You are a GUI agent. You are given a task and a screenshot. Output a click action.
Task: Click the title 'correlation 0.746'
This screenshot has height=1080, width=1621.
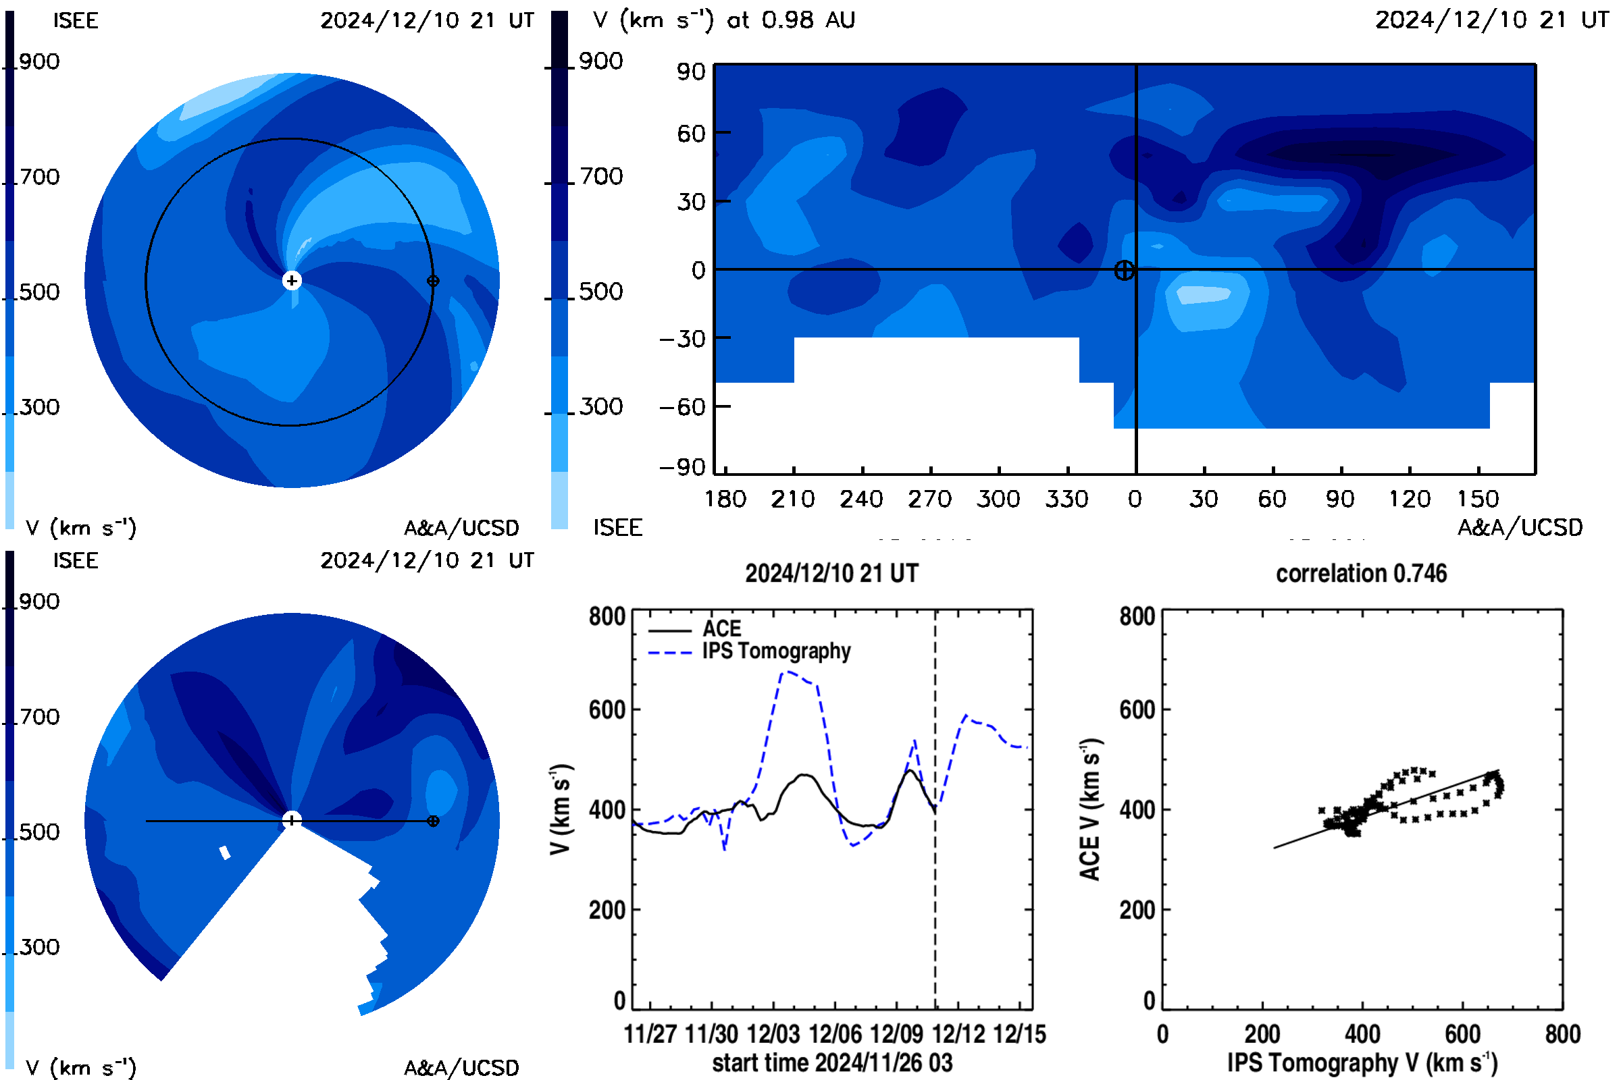tap(1361, 574)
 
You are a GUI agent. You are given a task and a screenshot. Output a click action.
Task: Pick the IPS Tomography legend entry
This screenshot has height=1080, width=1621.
tap(749, 651)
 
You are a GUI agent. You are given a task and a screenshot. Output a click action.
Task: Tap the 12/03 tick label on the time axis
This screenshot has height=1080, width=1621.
tap(773, 1035)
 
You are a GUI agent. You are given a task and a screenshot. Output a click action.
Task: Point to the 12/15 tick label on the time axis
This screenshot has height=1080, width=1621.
tap(1021, 1035)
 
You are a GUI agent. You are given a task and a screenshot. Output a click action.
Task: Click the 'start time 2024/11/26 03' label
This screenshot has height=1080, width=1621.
tap(833, 1062)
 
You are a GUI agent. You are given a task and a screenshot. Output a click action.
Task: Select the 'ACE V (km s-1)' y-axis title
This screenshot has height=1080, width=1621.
tap(1091, 809)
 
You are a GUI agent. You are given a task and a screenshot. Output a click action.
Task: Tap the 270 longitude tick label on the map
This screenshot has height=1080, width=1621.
tap(930, 499)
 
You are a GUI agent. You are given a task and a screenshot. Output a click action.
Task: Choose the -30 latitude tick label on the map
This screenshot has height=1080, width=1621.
tap(682, 339)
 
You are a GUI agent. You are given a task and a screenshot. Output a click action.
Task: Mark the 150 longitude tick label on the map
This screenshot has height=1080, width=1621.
tap(1478, 499)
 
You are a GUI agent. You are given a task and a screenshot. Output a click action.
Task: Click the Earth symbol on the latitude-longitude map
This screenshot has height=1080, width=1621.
tap(1124, 270)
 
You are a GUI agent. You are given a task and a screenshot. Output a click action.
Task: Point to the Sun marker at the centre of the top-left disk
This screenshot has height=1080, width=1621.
tap(292, 281)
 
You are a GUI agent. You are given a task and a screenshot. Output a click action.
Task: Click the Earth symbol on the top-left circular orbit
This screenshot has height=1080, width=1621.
tap(433, 281)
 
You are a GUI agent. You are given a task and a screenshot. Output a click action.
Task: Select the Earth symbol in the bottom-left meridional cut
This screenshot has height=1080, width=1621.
tap(433, 821)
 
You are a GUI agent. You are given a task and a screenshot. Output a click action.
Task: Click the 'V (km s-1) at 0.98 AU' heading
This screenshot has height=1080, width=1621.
tap(723, 20)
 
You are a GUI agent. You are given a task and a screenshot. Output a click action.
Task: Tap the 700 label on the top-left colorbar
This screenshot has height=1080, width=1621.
tap(39, 177)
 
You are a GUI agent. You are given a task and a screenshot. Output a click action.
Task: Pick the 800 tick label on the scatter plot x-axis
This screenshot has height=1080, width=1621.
tap(1563, 1035)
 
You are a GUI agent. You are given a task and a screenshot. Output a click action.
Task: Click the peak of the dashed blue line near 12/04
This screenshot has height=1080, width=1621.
tap(787, 672)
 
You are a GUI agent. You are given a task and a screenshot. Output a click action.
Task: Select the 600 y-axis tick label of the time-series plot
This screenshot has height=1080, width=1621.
tap(607, 710)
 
